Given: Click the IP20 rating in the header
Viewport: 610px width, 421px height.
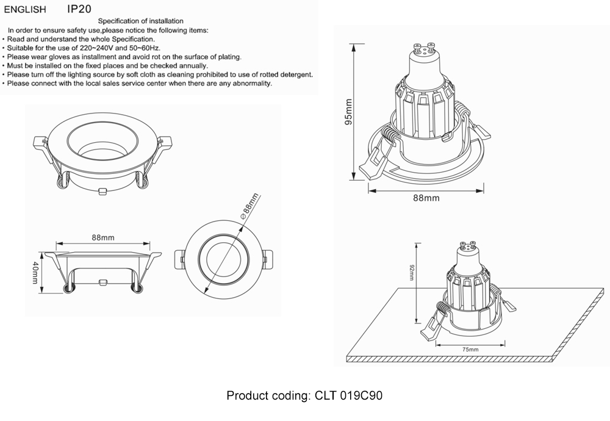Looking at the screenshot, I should tap(79, 9).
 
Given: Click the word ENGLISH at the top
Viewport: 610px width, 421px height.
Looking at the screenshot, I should tap(24, 10).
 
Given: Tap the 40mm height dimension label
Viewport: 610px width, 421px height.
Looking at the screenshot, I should tap(35, 273).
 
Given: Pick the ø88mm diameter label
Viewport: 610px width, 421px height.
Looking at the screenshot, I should tap(250, 206).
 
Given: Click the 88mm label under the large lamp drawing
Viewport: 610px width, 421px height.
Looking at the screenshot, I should tap(426, 198).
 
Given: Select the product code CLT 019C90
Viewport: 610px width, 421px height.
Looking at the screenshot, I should tap(348, 396).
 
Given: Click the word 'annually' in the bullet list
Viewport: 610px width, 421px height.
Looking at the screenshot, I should tap(193, 65).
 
